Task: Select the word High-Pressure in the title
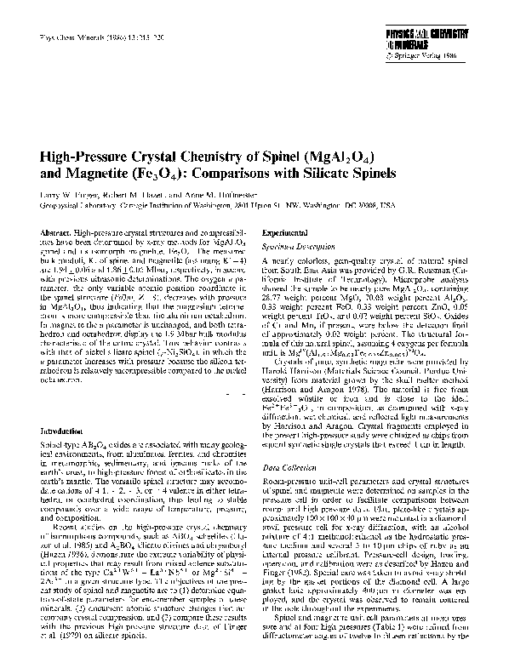click(x=92, y=158)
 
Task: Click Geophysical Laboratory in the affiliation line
click(x=74, y=205)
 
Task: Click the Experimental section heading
click(x=283, y=231)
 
